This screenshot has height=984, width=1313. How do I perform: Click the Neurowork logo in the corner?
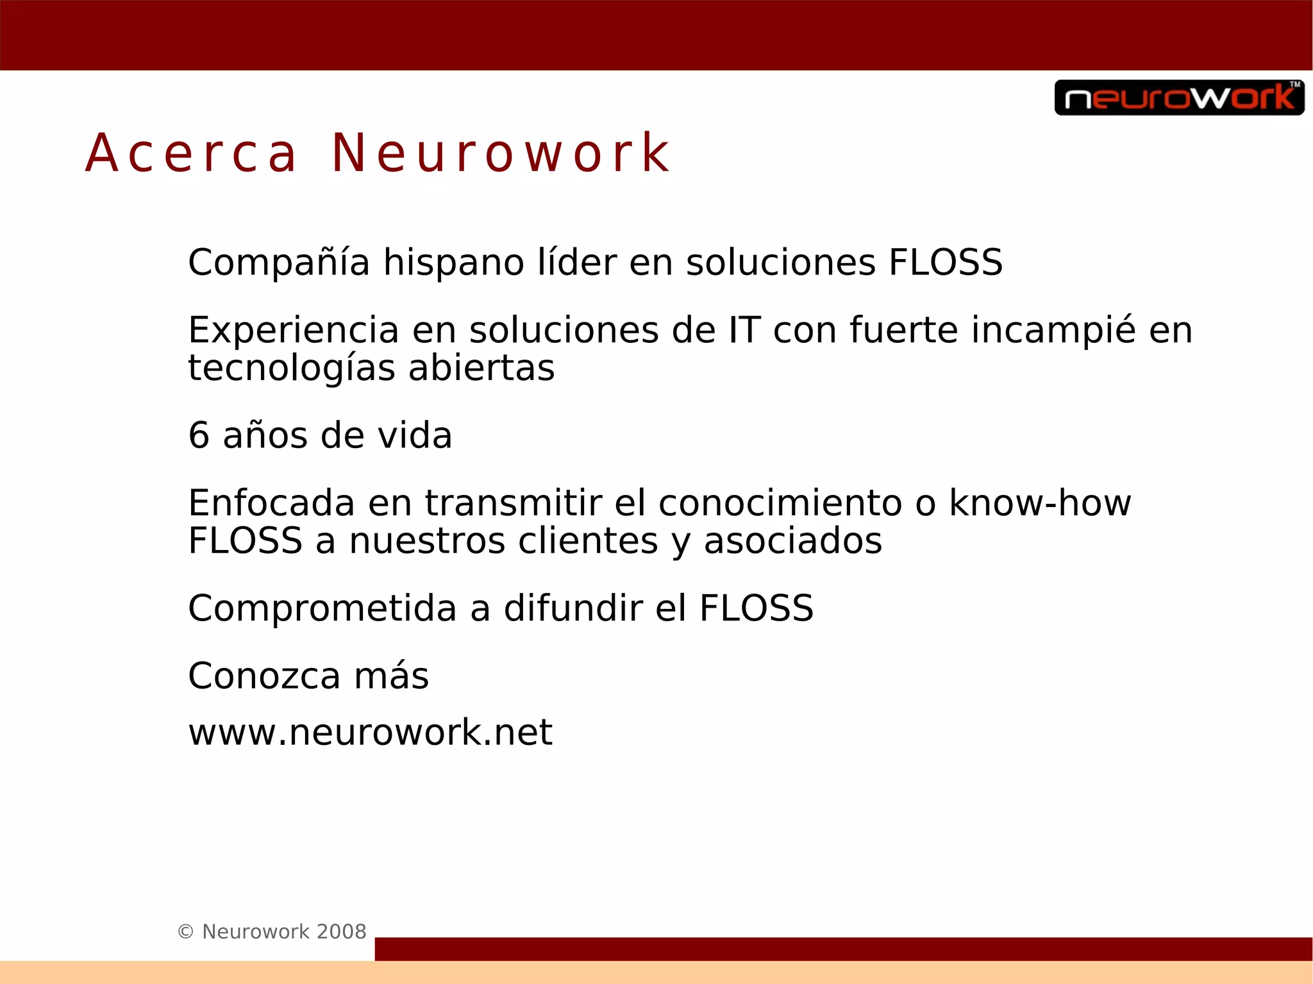1179,97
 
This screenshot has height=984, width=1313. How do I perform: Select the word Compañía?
279,263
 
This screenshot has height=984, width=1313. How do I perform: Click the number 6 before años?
199,436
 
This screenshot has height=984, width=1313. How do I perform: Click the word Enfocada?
271,503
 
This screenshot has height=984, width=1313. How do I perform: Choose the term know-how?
1040,503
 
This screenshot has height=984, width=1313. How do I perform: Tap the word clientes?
588,541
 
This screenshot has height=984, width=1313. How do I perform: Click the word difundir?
573,608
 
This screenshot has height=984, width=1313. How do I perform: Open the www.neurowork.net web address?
370,732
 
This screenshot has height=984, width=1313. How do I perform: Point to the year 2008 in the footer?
341,931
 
